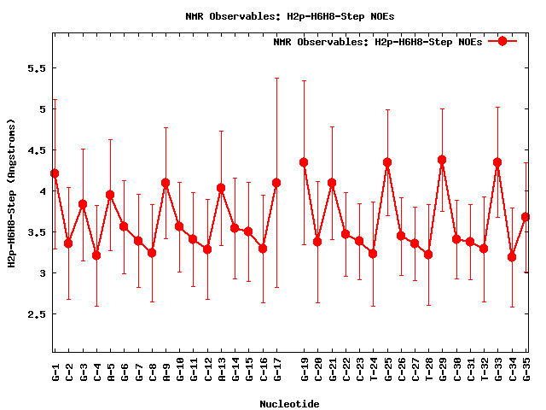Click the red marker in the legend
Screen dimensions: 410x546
coord(502,41)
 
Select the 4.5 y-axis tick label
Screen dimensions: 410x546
coord(38,150)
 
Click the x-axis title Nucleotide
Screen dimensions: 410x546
coord(290,404)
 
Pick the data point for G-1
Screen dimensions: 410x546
coord(55,173)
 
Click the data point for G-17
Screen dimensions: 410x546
coord(276,183)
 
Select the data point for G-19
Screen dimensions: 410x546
coord(304,162)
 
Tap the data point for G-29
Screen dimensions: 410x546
coord(442,160)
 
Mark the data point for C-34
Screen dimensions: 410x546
coord(512,257)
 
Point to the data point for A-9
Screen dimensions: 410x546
coord(166,183)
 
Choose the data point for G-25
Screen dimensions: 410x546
coord(387,162)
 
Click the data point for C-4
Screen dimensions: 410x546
coord(96,255)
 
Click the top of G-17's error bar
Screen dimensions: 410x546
coord(276,79)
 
